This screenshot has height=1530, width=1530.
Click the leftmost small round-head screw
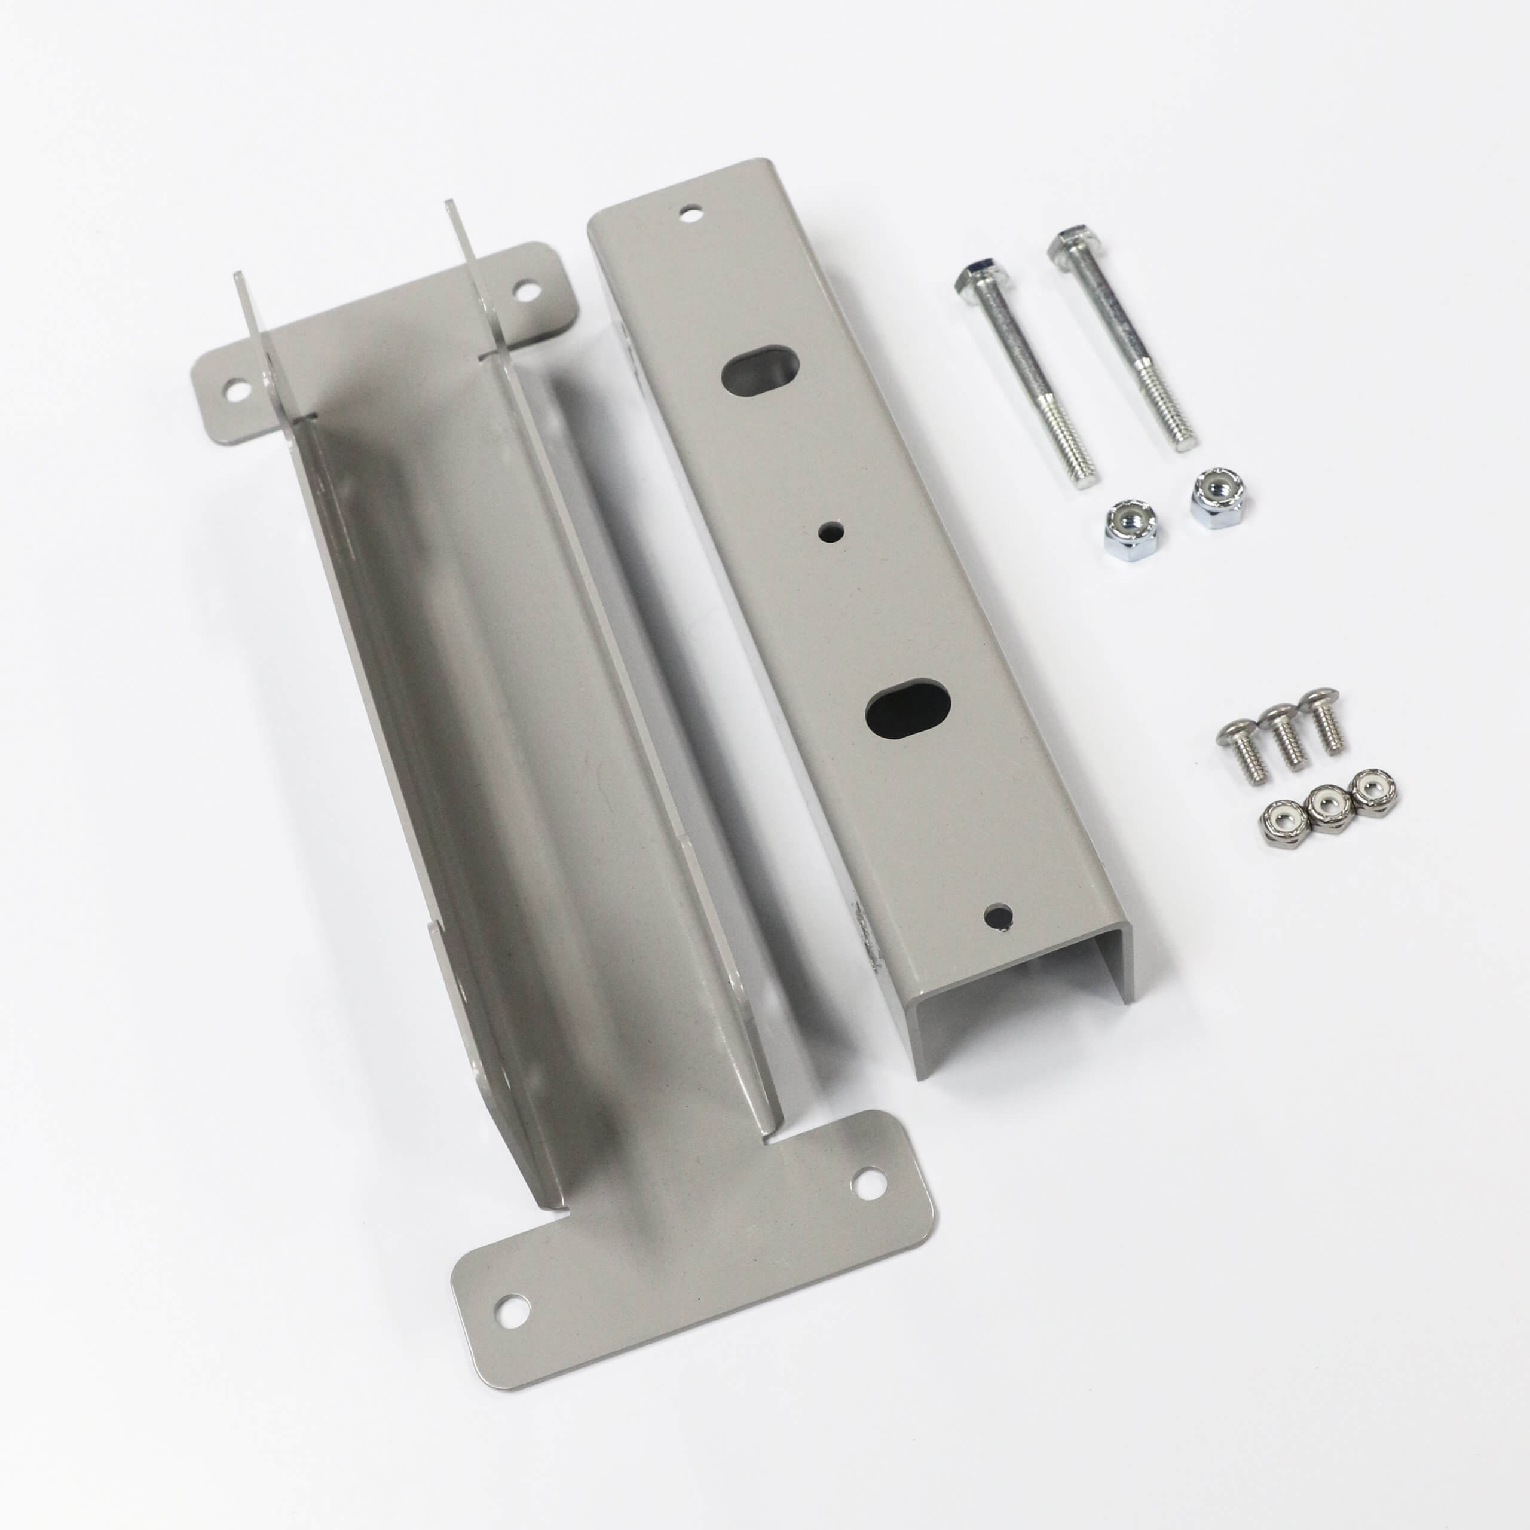point(1233,739)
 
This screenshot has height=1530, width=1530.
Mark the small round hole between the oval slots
point(831,531)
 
